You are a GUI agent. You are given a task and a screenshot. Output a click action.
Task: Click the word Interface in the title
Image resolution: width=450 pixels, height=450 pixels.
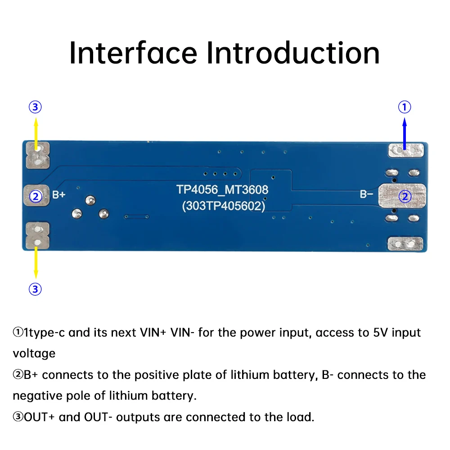pyautogui.click(x=133, y=53)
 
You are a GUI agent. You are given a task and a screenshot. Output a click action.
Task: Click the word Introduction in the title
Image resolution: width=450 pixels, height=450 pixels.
pyautogui.click(x=293, y=53)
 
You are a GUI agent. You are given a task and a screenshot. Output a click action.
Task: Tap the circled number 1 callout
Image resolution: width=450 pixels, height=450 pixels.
pyautogui.click(x=405, y=107)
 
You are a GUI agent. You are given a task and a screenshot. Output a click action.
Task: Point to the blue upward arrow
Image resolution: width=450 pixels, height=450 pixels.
pyautogui.click(x=405, y=133)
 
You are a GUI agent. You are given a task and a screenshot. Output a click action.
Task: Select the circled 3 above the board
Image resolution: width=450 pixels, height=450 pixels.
pyautogui.click(x=35, y=107)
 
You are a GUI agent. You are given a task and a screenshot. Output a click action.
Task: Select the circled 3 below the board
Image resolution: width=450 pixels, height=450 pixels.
pyautogui.click(x=35, y=289)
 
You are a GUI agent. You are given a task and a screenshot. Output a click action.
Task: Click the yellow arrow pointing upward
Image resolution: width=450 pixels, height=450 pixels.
pyautogui.click(x=36, y=133)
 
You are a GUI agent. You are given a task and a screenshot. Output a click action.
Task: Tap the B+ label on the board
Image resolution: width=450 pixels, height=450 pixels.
pyautogui.click(x=59, y=195)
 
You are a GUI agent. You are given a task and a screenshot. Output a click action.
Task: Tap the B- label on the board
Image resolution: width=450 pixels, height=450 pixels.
pyautogui.click(x=366, y=194)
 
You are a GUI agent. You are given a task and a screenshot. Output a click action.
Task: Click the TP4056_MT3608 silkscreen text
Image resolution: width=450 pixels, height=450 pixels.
pyautogui.click(x=223, y=189)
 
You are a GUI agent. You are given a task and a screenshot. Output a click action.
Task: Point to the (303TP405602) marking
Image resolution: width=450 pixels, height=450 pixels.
pyautogui.click(x=223, y=206)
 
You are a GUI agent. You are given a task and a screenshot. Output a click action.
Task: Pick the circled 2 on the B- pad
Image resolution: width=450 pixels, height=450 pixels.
pyautogui.click(x=405, y=196)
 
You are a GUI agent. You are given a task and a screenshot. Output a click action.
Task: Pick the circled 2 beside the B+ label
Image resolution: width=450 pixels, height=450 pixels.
pyautogui.click(x=35, y=196)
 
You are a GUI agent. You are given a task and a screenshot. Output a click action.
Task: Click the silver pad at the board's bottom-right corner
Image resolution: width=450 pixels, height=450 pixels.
pyautogui.click(x=405, y=243)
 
